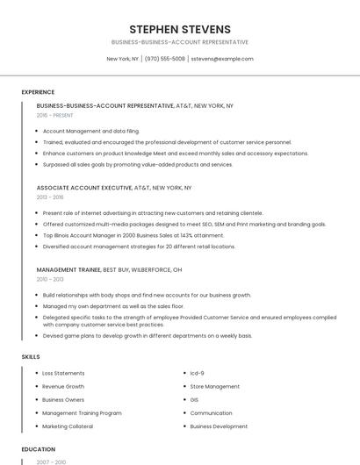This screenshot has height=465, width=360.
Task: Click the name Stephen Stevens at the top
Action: (180, 29)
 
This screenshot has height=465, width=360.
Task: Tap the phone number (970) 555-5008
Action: (164, 59)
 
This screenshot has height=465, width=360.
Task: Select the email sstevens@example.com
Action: (222, 59)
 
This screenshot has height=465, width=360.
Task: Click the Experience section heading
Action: (38, 91)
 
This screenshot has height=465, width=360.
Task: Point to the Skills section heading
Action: (31, 357)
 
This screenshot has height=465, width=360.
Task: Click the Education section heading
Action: (38, 449)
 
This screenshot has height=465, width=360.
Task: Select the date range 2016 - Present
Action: (54, 115)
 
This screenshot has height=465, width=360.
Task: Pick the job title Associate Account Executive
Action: (83, 188)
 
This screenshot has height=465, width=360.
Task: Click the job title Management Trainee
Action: (68, 269)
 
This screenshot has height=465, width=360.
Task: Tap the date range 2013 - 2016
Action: (50, 197)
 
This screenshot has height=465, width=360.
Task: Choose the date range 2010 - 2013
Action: (50, 279)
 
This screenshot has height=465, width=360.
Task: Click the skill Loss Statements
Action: (63, 373)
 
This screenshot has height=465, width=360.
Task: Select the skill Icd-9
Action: (197, 373)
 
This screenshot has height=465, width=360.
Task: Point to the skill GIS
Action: (194, 399)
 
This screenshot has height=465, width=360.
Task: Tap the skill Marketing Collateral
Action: (68, 426)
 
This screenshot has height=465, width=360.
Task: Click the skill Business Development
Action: (219, 426)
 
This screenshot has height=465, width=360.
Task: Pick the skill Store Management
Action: (214, 386)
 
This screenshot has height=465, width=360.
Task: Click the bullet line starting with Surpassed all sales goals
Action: (137, 164)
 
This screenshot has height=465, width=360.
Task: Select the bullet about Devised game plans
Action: (147, 335)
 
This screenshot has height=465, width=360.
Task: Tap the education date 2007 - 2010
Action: (51, 461)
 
